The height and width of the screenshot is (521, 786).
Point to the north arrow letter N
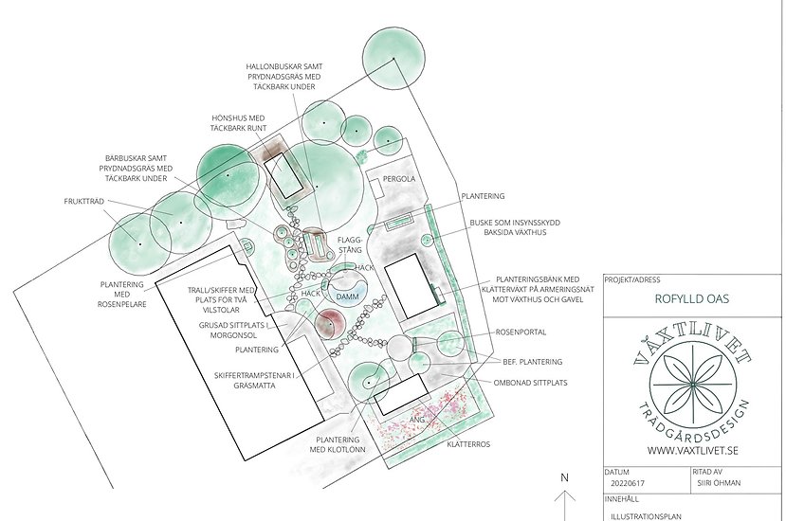(564, 479)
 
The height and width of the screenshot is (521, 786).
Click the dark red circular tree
(328, 324)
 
